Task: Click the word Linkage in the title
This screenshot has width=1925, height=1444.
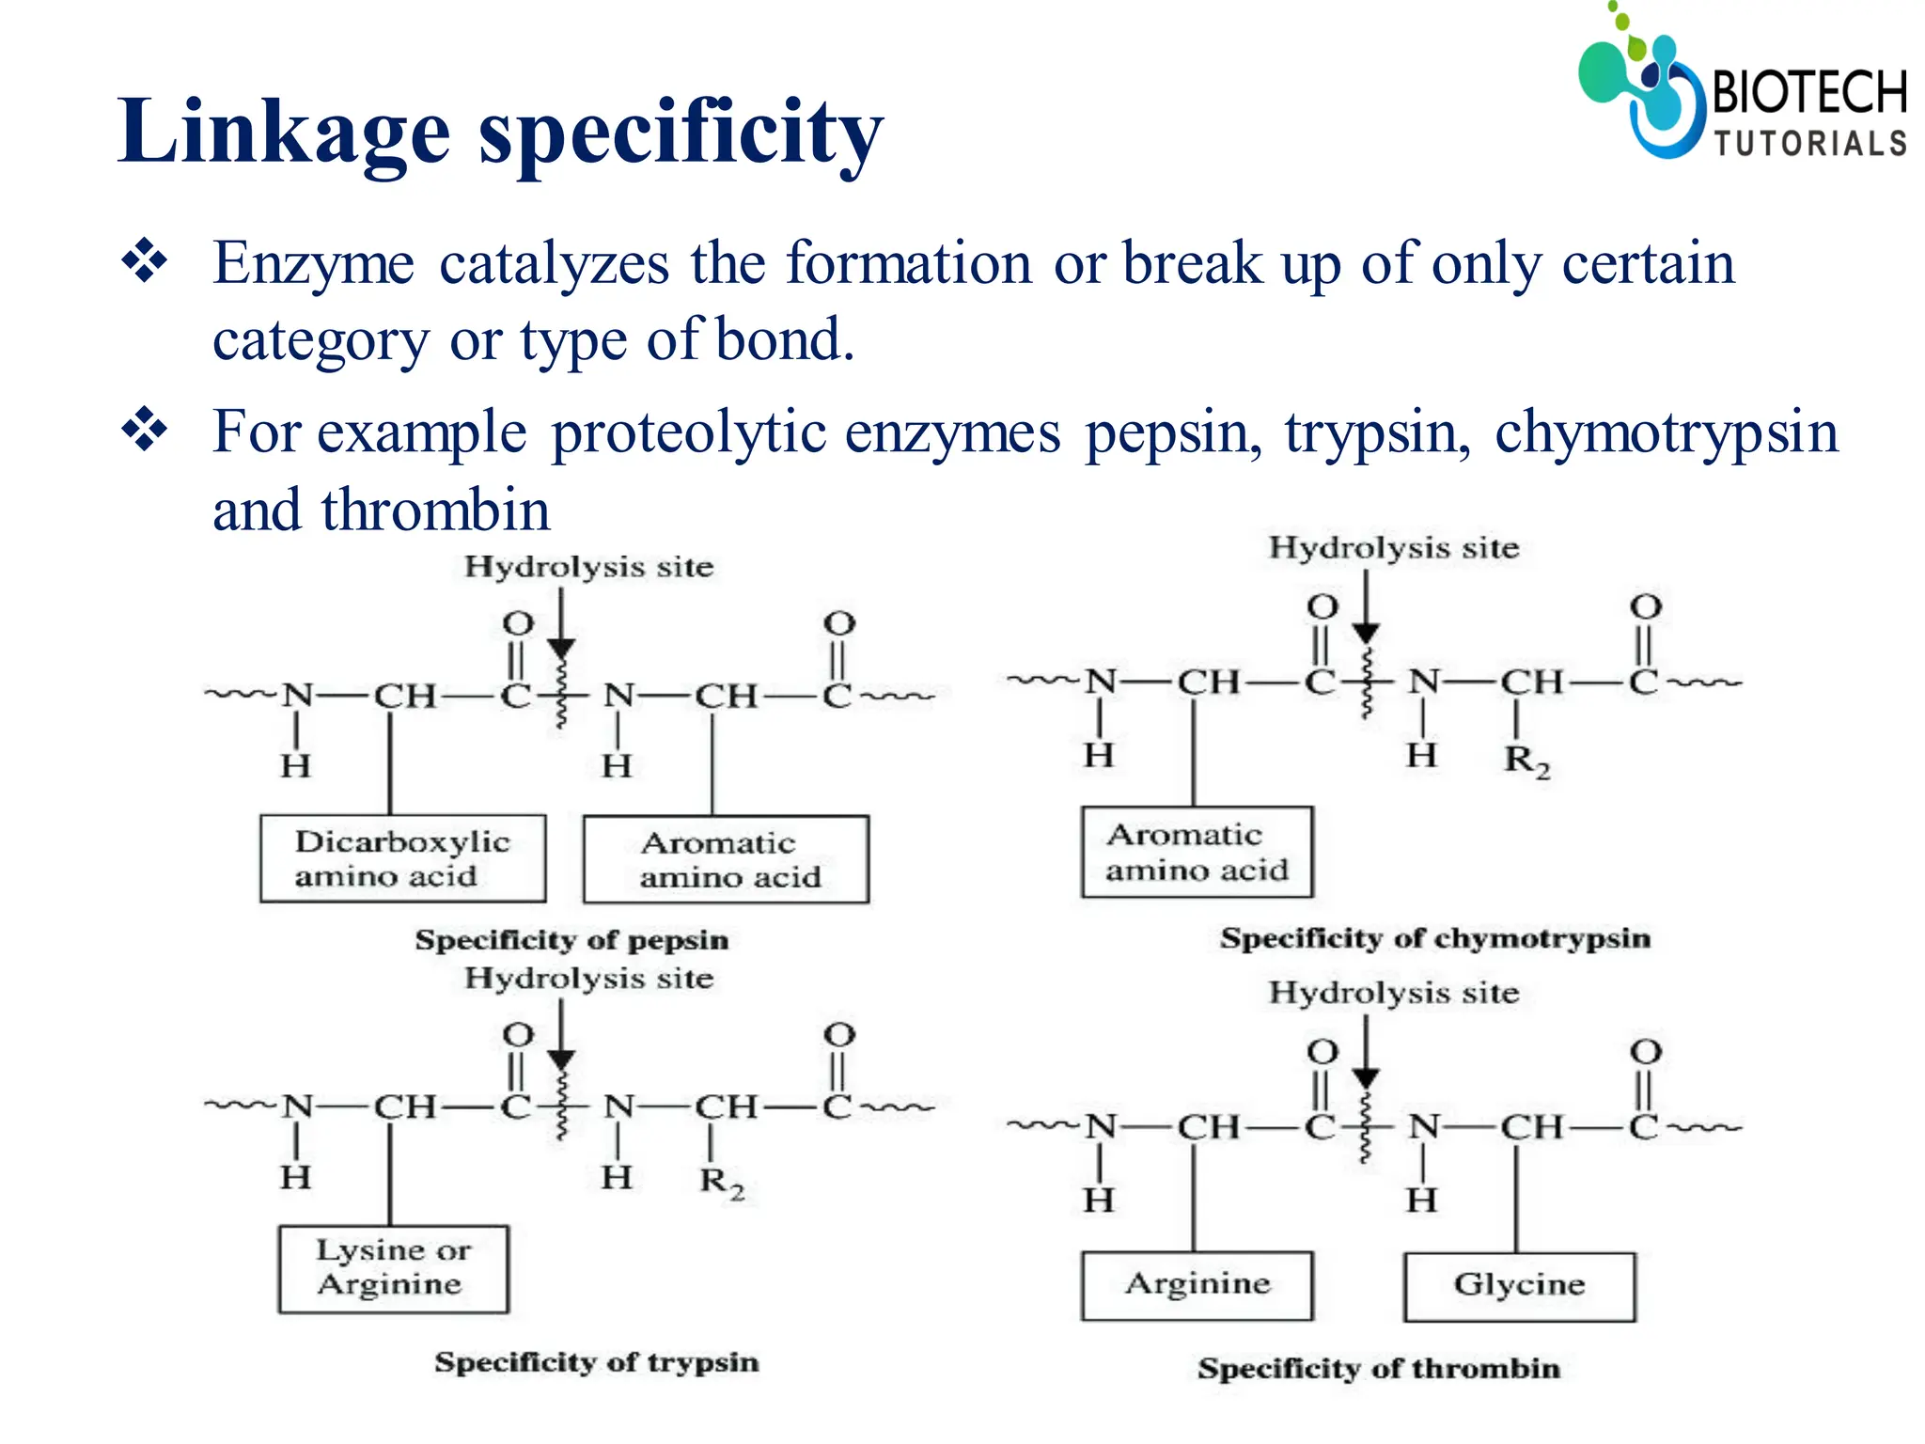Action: click(x=283, y=132)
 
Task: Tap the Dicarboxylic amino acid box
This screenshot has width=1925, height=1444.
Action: click(x=402, y=858)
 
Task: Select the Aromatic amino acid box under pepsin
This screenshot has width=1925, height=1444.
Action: click(x=726, y=859)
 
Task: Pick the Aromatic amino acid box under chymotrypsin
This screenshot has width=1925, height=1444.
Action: click(x=1197, y=852)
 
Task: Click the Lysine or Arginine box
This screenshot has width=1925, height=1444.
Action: click(x=393, y=1268)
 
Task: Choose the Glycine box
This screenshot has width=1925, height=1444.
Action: click(x=1520, y=1285)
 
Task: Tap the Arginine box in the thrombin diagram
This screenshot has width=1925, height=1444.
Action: click(x=1197, y=1285)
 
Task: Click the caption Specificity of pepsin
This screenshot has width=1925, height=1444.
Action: click(x=571, y=940)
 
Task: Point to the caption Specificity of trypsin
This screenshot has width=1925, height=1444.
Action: click(x=596, y=1362)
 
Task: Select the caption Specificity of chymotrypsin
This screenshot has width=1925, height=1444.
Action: click(x=1435, y=938)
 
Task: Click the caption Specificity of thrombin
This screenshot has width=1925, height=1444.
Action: click(x=1379, y=1369)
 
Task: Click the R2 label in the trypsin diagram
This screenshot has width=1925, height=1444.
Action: click(x=721, y=1181)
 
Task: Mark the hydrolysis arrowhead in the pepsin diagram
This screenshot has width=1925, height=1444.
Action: click(x=561, y=649)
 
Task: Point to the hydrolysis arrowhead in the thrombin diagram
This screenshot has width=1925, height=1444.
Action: click(x=1366, y=1077)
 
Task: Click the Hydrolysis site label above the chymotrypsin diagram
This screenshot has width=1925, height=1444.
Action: click(x=1394, y=548)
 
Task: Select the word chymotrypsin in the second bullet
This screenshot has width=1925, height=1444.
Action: click(x=1666, y=433)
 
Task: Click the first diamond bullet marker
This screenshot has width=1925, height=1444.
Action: click(x=145, y=261)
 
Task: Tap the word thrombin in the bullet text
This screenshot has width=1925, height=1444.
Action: click(x=434, y=510)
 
